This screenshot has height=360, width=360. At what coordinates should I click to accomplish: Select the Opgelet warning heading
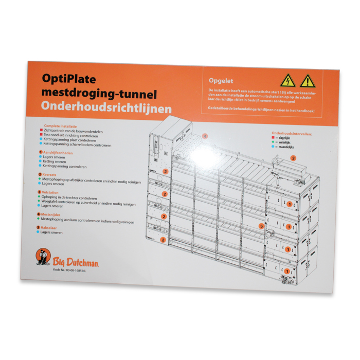pos(222,81)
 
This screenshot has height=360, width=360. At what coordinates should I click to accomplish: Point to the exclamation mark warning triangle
pos(307,81)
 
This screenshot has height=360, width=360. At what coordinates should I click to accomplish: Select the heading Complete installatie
pos(61,126)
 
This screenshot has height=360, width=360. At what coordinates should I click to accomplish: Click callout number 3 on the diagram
pos(293,158)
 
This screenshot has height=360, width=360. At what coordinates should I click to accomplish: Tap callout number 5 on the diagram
pos(262,226)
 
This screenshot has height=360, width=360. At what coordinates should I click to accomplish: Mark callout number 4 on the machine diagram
pos(204,136)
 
